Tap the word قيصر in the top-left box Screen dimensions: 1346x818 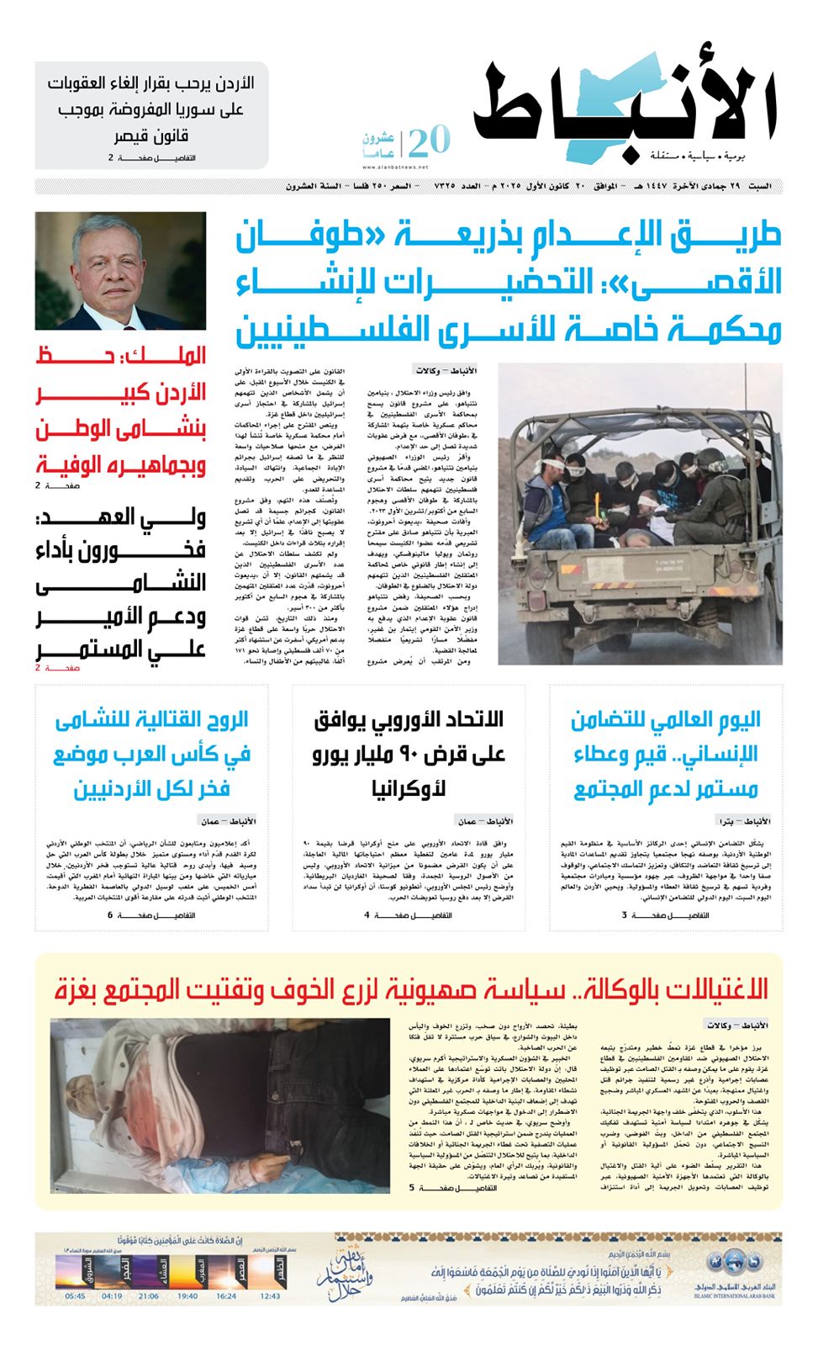point(133,135)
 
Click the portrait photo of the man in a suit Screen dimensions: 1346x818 point(120,270)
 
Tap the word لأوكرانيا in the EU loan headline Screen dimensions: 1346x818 point(409,789)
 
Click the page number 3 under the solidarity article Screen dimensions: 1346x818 point(625,915)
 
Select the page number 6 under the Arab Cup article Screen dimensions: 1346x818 point(110,915)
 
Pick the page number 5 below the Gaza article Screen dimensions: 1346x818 point(412,1188)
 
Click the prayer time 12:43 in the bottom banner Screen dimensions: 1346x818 point(271,1296)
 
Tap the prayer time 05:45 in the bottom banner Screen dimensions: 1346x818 point(75,1296)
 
